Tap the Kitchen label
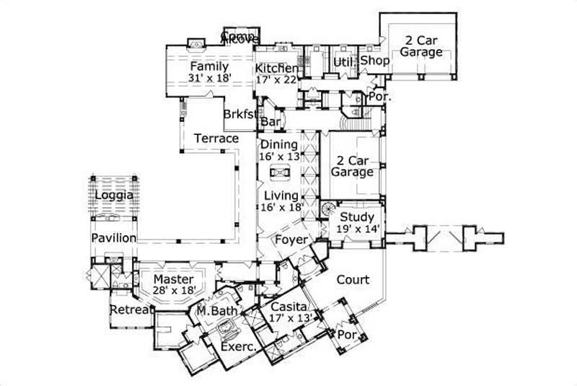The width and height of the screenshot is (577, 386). pyautogui.click(x=276, y=68)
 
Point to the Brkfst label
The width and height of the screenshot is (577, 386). pyautogui.click(x=237, y=114)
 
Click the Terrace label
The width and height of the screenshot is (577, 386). pyautogui.click(x=216, y=138)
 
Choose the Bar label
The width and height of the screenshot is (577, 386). pyautogui.click(x=270, y=123)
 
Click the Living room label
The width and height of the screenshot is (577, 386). pyautogui.click(x=281, y=196)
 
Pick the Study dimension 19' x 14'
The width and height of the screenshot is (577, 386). pyautogui.click(x=357, y=229)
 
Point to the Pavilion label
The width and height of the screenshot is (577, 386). pyautogui.click(x=113, y=237)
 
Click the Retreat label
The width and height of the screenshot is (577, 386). pyautogui.click(x=131, y=310)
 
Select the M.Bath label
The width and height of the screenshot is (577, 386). pyautogui.click(x=213, y=311)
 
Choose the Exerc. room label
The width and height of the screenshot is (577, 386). pyautogui.click(x=239, y=346)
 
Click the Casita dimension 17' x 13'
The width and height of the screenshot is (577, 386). pyautogui.click(x=291, y=317)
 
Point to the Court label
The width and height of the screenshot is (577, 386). pyautogui.click(x=353, y=279)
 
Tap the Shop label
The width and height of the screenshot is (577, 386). pyautogui.click(x=375, y=61)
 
